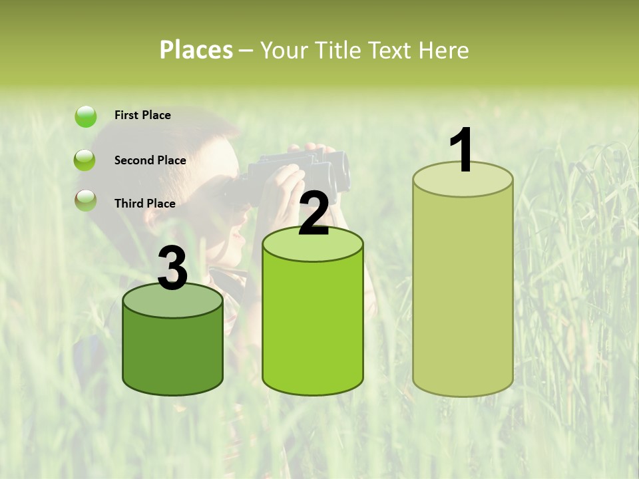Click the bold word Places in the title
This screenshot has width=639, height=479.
pyautogui.click(x=196, y=50)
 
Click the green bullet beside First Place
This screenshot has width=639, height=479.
pyautogui.click(x=85, y=116)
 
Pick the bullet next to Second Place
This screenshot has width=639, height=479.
pyautogui.click(x=85, y=160)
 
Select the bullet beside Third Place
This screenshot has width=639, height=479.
pyautogui.click(x=85, y=200)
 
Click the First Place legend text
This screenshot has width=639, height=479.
pyautogui.click(x=142, y=115)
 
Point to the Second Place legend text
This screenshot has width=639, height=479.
pyautogui.click(x=150, y=160)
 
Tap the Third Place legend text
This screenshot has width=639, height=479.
pyautogui.click(x=144, y=204)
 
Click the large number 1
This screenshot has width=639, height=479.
pyautogui.click(x=462, y=150)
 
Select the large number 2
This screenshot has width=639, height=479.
pyautogui.click(x=314, y=214)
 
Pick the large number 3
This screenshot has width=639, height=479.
pyautogui.click(x=173, y=269)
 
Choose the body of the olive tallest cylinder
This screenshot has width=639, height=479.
pyautogui.click(x=463, y=293)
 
